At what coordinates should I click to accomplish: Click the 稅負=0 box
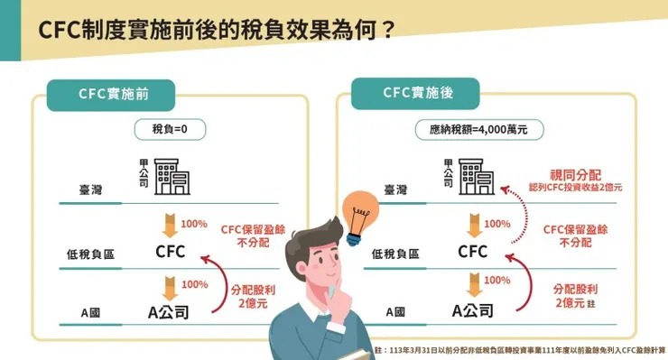[166, 129]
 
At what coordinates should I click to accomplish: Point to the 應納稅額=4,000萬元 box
[472, 129]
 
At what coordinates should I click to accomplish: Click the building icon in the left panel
[169, 178]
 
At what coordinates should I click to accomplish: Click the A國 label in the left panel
[90, 312]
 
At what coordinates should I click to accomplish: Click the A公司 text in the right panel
[473, 311]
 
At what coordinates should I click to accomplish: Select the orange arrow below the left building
[168, 223]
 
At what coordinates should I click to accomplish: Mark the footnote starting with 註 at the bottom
[519, 349]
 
